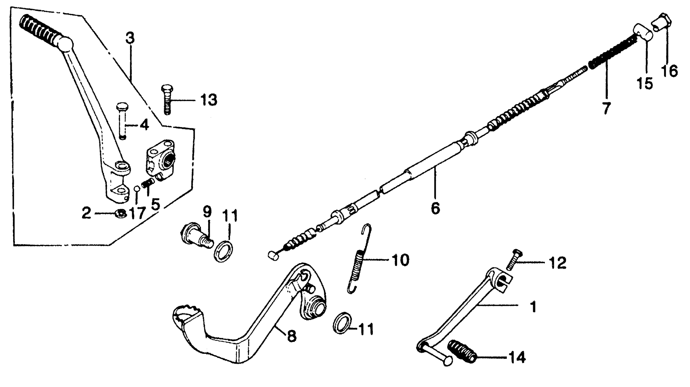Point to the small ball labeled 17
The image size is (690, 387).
pyautogui.click(x=137, y=189)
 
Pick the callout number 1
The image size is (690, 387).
pyautogui.click(x=533, y=307)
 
